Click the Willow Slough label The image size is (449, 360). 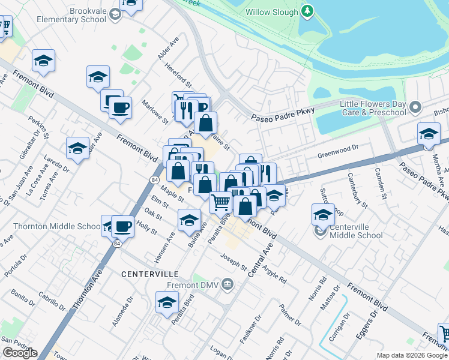(271, 12)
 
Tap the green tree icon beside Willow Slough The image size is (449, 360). (307, 11)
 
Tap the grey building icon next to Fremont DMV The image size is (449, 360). (228, 283)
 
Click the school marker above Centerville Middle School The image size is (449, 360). (323, 215)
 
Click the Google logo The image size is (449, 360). (20, 353)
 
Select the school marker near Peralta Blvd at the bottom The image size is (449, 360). (167, 302)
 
